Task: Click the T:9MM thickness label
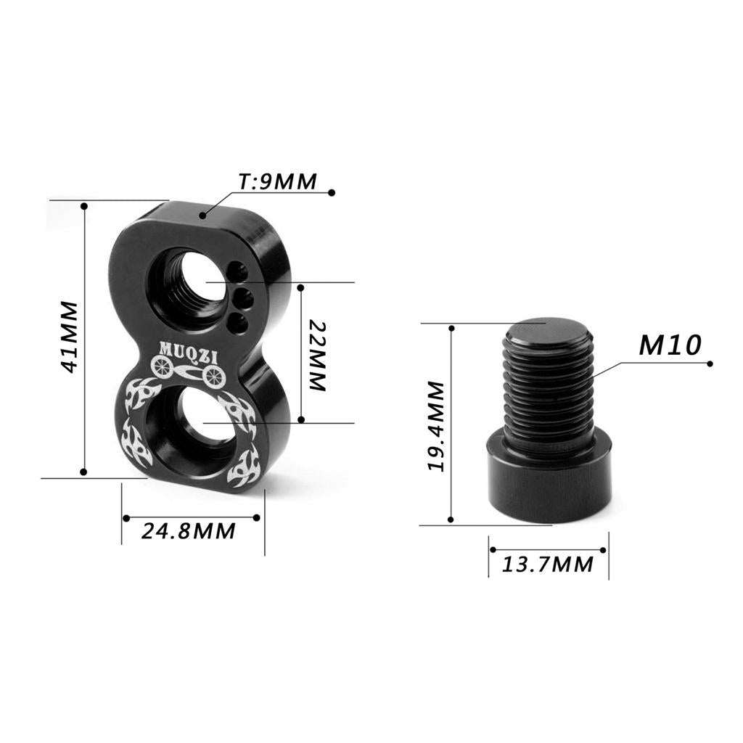[277, 181]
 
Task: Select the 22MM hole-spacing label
[318, 356]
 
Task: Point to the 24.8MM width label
[188, 531]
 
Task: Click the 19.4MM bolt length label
[436, 426]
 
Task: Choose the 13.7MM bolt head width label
[547, 565]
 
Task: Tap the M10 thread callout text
[670, 345]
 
